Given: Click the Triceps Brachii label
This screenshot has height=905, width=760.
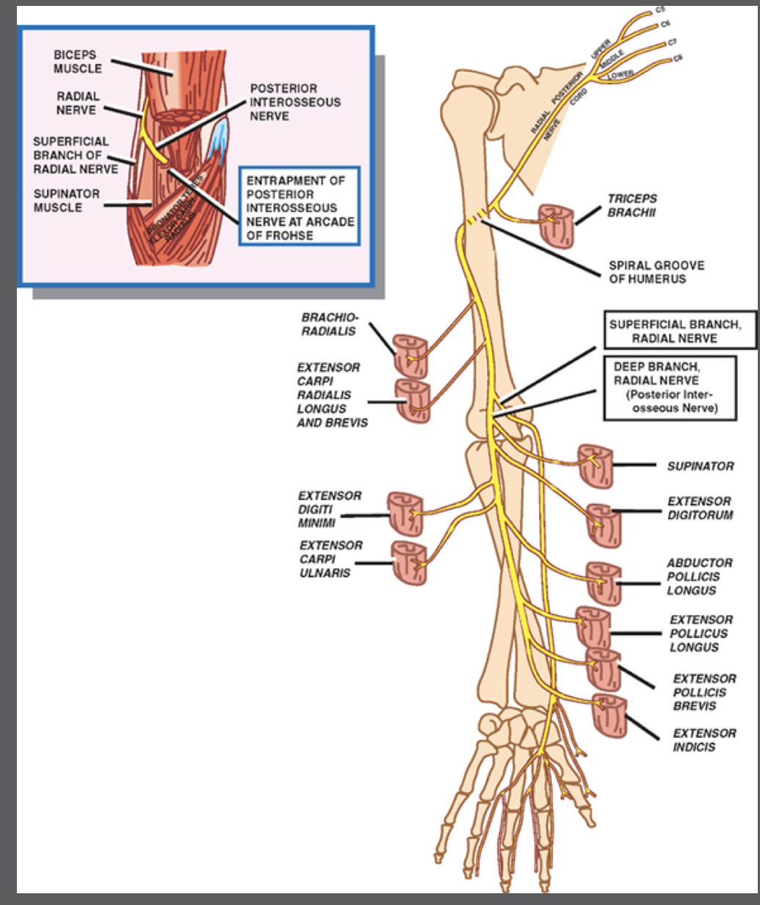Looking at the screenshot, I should (x=632, y=205).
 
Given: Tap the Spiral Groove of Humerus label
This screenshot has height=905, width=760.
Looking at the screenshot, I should (x=656, y=272).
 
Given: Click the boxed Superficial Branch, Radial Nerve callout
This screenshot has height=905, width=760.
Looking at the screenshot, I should (x=674, y=331).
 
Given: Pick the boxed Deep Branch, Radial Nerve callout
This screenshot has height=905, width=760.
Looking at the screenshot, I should (x=669, y=388).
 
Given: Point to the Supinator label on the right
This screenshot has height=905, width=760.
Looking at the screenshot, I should (x=700, y=466).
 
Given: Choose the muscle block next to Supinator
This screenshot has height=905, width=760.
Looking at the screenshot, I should (x=595, y=465).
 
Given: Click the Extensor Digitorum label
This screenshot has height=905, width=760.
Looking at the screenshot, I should (x=700, y=508).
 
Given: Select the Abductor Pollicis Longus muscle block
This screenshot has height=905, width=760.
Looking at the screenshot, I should (x=604, y=583).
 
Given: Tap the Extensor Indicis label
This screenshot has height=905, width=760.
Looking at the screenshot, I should (x=704, y=740).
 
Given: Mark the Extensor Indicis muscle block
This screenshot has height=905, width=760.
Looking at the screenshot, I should (x=609, y=715).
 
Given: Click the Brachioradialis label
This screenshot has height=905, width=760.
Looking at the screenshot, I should (x=329, y=324).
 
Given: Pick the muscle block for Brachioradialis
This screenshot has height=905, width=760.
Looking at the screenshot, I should (x=409, y=355).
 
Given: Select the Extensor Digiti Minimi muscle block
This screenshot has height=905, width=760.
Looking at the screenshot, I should (x=405, y=513).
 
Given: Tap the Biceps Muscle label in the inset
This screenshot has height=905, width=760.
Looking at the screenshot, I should (x=77, y=62).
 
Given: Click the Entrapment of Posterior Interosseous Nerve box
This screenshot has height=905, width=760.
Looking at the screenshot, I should (x=299, y=208).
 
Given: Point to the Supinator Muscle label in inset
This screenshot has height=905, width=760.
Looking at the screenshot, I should (x=66, y=200).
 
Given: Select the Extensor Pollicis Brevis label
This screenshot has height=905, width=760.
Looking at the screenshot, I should (x=704, y=692).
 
